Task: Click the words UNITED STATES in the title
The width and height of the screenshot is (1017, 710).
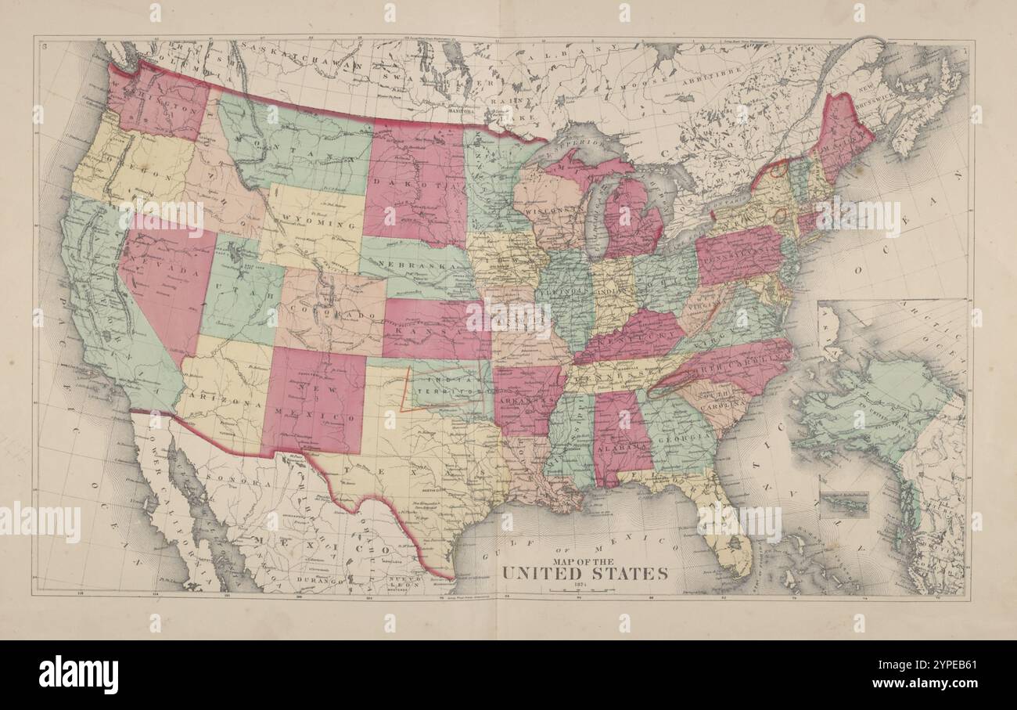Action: click(584, 573)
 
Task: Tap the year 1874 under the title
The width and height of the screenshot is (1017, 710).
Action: click(584, 585)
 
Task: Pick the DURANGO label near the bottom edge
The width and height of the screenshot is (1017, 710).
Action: click(322, 582)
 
